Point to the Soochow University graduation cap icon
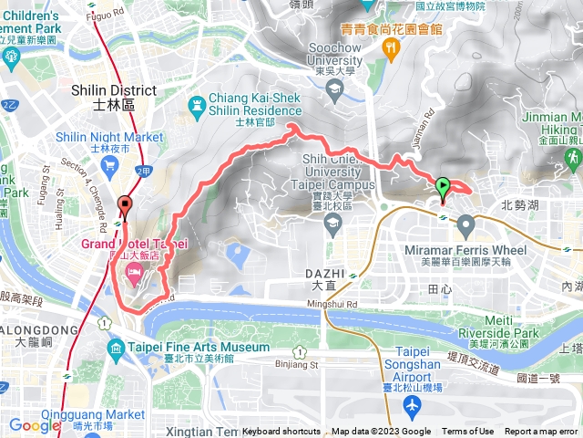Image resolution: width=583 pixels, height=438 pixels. [336, 88]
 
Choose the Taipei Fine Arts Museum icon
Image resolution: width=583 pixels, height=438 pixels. [115, 349]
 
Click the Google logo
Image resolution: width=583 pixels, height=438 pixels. [35, 425]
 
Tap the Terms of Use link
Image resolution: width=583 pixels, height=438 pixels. [468, 432]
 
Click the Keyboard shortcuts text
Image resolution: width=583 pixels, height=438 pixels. [281, 432]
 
